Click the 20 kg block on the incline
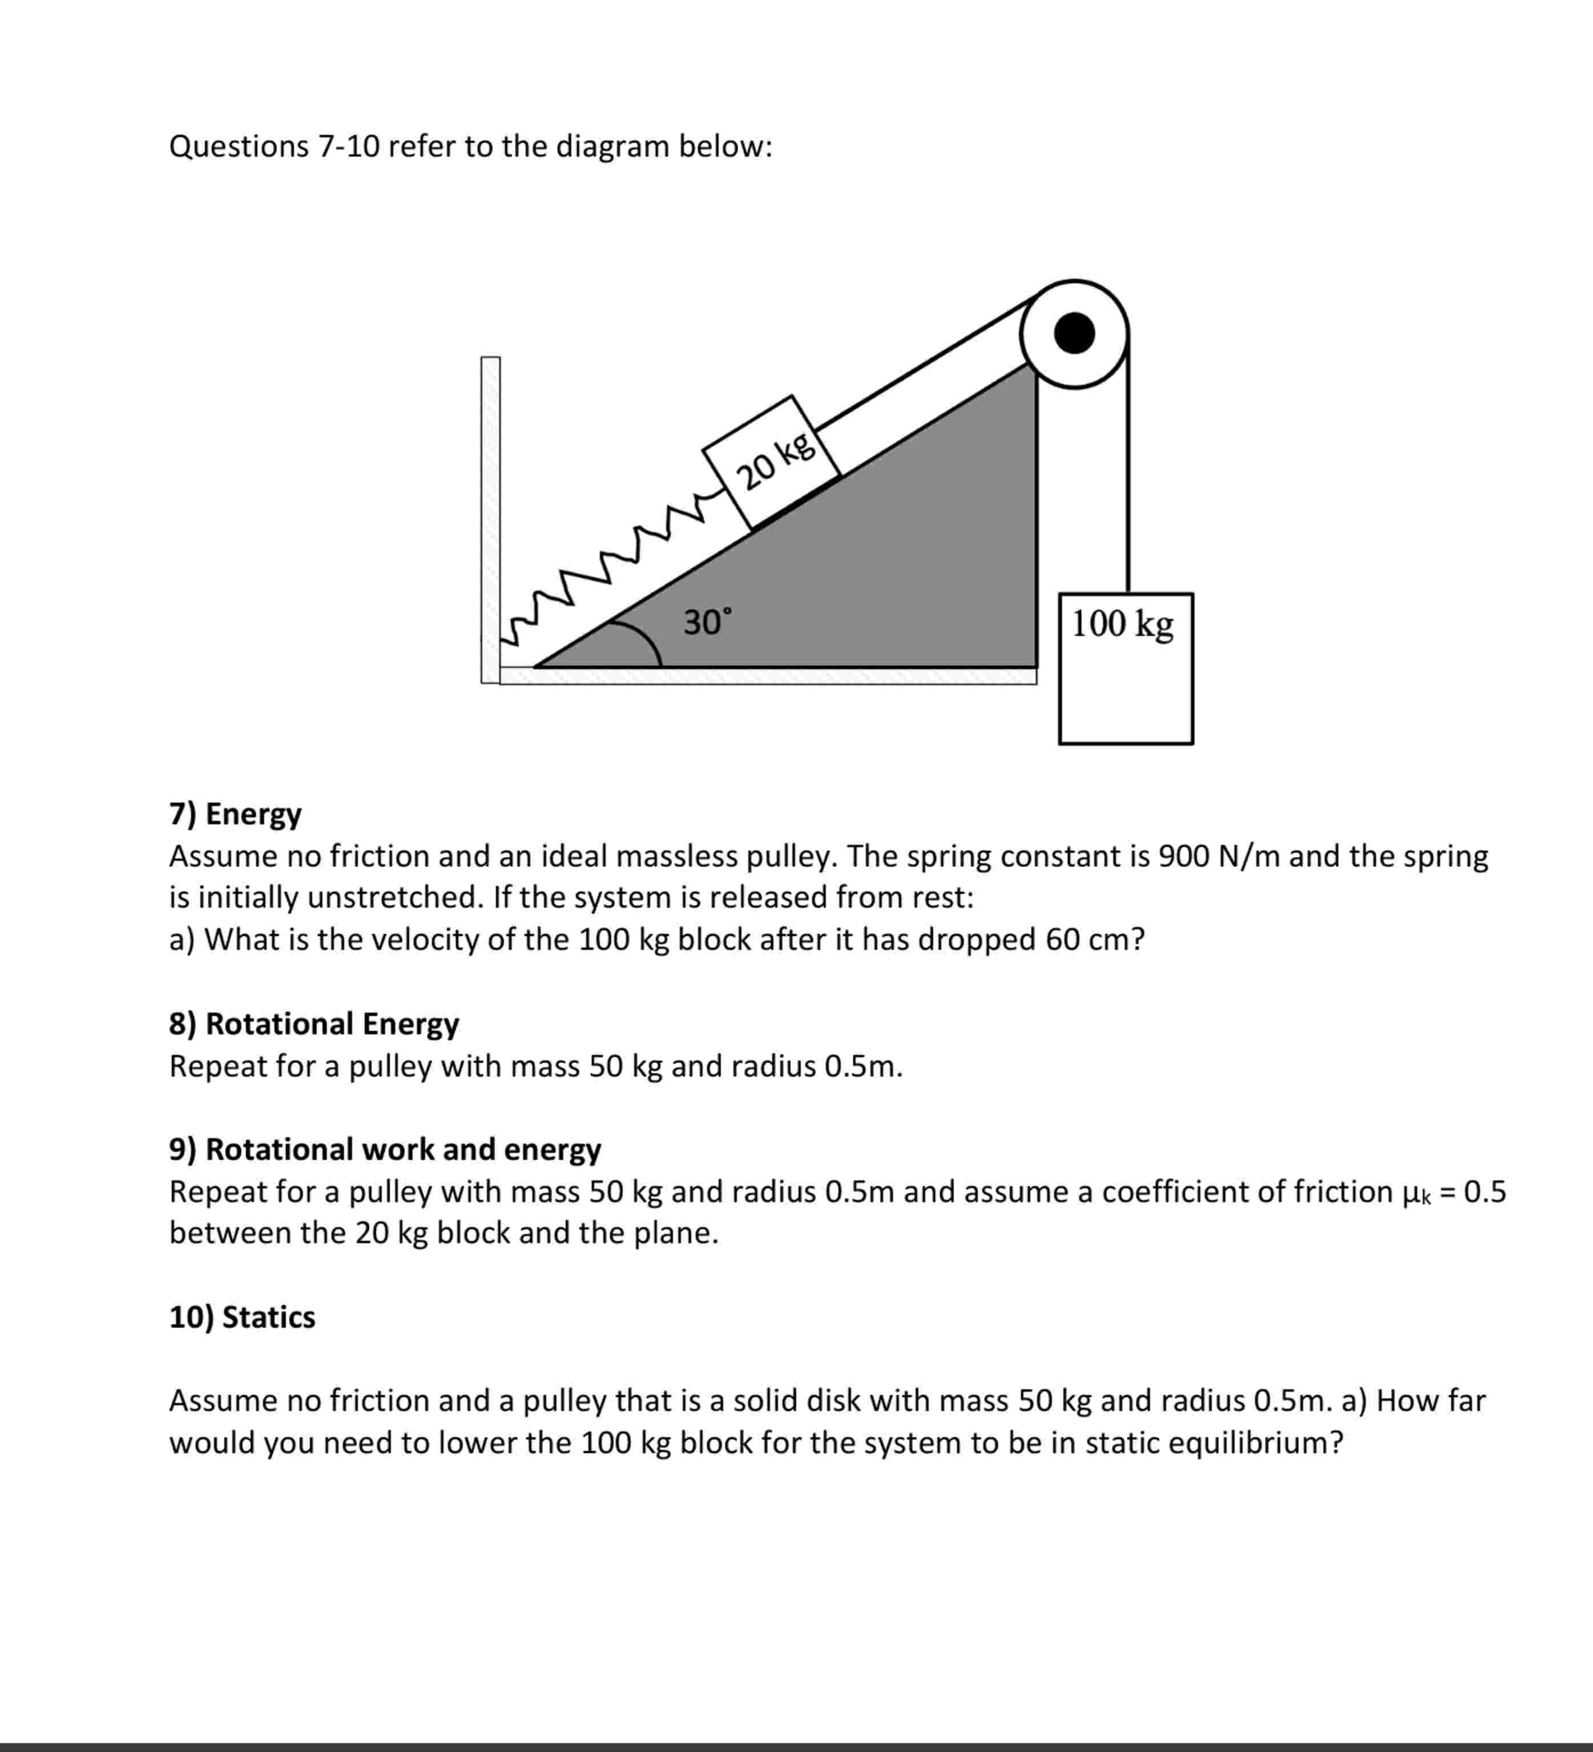coord(772,462)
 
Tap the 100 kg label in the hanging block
coord(1122,624)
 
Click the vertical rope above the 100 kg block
coord(1128,478)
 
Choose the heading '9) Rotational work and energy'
coord(385,1149)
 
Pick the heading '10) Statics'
coord(243,1317)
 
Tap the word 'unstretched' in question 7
coord(391,897)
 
